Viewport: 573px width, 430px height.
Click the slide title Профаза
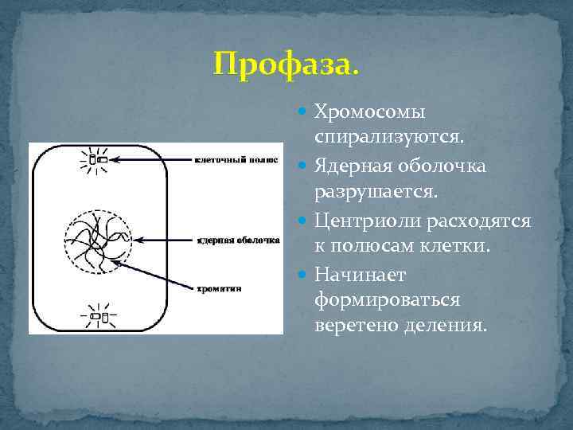[286, 62]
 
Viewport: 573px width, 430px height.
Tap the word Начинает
[360, 274]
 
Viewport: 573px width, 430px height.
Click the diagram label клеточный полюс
[236, 159]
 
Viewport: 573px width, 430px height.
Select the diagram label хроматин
[218, 288]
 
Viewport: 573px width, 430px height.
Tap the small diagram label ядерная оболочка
[237, 239]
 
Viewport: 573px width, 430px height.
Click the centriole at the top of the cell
[97, 159]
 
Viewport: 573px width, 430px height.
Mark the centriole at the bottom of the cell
[96, 316]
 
